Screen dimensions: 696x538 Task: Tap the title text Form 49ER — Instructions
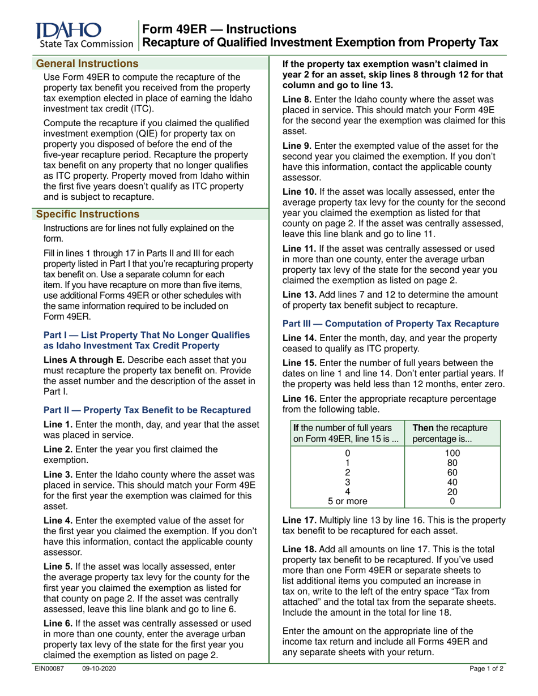coord(218,29)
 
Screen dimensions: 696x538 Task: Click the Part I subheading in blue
coord(147,340)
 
